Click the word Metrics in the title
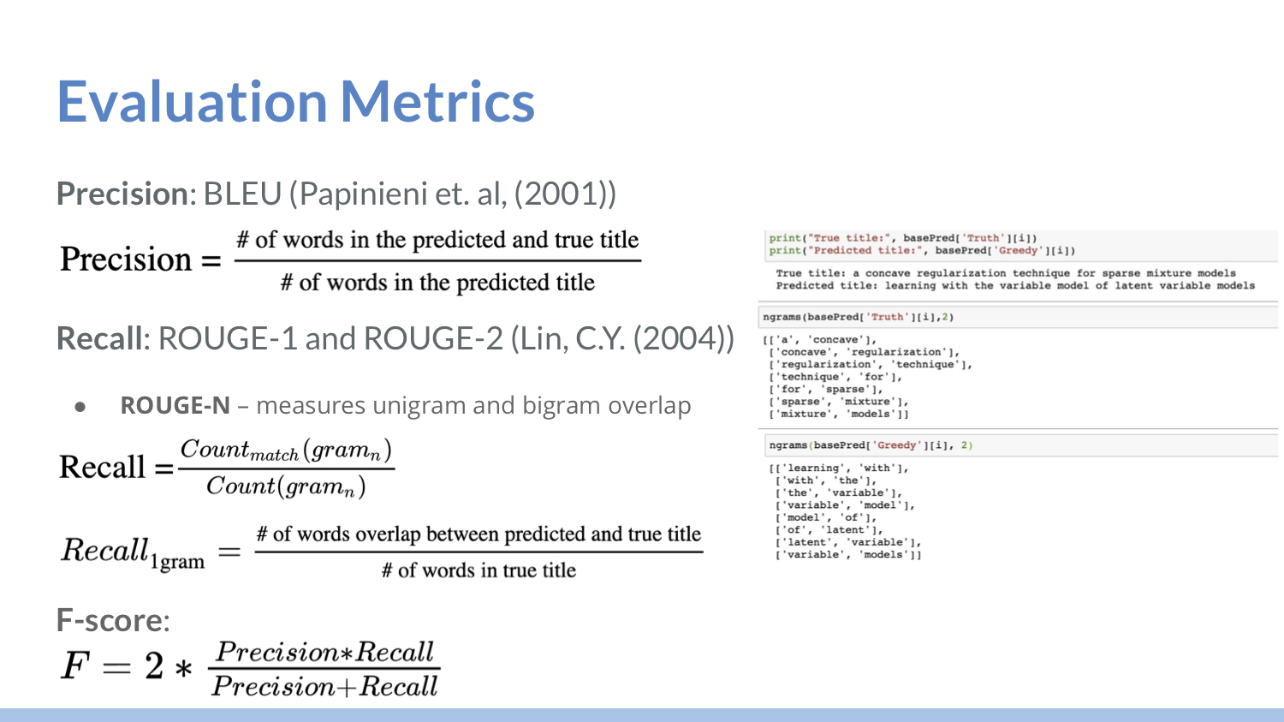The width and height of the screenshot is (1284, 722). click(x=437, y=102)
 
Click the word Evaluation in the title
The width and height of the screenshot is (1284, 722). click(x=192, y=102)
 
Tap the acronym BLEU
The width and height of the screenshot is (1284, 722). click(x=242, y=194)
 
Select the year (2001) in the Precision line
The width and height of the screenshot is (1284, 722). click(x=565, y=194)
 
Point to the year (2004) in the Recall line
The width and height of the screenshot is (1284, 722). click(x=684, y=337)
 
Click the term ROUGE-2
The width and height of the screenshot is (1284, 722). click(x=433, y=337)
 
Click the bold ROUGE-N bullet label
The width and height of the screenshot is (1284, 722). click(x=175, y=405)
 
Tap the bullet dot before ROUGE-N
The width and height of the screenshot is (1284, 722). click(x=80, y=407)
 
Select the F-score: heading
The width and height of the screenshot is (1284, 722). click(x=113, y=620)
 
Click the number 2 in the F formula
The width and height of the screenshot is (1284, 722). click(x=153, y=665)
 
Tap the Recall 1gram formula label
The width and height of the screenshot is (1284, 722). click(x=133, y=552)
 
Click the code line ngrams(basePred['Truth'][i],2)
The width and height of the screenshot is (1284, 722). click(x=858, y=317)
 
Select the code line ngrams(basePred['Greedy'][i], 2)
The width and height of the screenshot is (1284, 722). click(x=871, y=445)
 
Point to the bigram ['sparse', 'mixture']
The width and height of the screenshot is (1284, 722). click(x=839, y=402)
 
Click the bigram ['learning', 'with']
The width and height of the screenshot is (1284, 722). click(x=839, y=468)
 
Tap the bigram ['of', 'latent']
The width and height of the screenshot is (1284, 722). click(x=829, y=530)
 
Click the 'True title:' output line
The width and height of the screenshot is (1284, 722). click(x=1006, y=273)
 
